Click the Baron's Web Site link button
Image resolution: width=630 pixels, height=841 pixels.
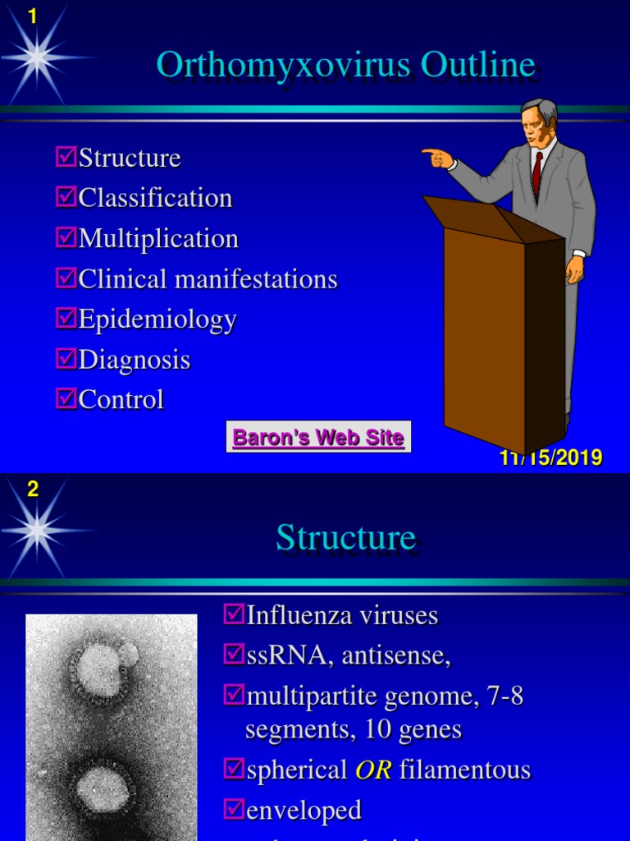pyautogui.click(x=318, y=437)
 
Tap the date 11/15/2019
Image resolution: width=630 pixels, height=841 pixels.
pyautogui.click(x=551, y=458)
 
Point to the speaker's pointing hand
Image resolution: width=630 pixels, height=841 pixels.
pyautogui.click(x=437, y=156)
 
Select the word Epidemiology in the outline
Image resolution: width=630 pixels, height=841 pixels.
pyautogui.click(x=157, y=319)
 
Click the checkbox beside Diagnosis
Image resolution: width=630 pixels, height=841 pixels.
pyautogui.click(x=66, y=358)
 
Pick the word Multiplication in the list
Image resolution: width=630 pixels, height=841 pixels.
pyautogui.click(x=158, y=238)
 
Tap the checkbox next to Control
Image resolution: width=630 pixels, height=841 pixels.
pyautogui.click(x=66, y=398)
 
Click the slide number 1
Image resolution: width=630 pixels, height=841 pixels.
pyautogui.click(x=33, y=15)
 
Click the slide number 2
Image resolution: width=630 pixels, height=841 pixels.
pyautogui.click(x=33, y=489)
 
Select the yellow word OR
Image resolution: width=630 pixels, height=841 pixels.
pyautogui.click(x=372, y=770)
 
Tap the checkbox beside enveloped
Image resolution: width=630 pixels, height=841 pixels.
pyautogui.click(x=233, y=809)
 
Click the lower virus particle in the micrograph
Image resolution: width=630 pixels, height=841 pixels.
pyautogui.click(x=102, y=788)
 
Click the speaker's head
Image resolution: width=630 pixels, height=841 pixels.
pyautogui.click(x=537, y=123)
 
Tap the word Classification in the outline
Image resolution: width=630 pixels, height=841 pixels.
pyautogui.click(x=155, y=198)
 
